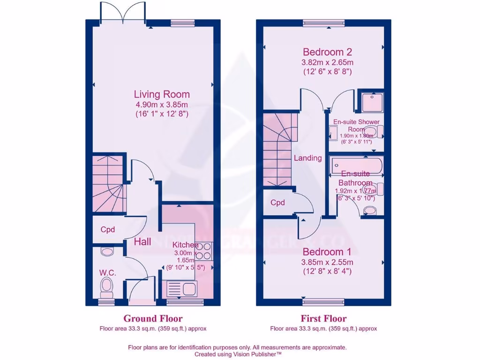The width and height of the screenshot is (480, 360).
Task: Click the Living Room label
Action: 162,94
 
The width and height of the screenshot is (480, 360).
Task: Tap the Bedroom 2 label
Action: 327,52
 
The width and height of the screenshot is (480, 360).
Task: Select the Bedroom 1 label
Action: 327,252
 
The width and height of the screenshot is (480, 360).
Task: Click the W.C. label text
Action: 107,273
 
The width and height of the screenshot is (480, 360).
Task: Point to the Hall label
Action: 142,242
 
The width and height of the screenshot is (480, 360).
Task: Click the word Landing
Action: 307,158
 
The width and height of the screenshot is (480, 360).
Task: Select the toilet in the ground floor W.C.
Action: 107,287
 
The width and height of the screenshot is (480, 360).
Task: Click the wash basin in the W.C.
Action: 107,252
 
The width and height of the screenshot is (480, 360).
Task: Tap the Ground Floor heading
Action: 153,319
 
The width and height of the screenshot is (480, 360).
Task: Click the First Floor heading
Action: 323,319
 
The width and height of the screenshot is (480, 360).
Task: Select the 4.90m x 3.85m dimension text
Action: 162,105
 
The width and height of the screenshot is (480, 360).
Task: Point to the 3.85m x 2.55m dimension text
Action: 327,262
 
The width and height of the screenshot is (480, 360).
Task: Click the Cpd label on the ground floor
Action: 108,230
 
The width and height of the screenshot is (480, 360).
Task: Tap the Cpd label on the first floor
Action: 278,203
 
